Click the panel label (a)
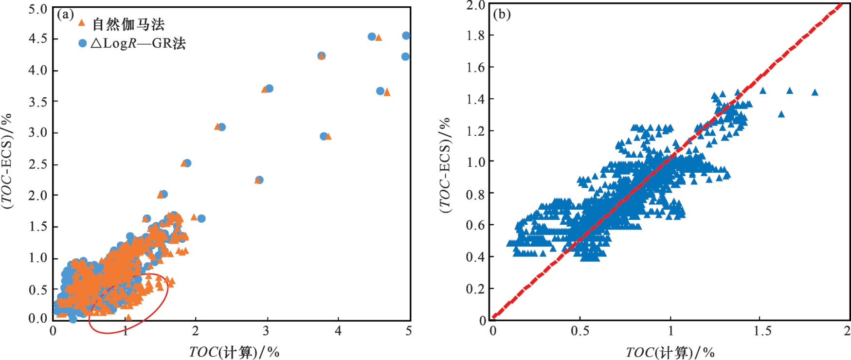pyautogui.click(x=65, y=15)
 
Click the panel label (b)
pyautogui.click(x=502, y=14)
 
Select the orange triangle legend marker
pyautogui.click(x=82, y=23)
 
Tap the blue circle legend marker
pyautogui.click(x=82, y=43)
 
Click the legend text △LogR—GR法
pyautogui.click(x=138, y=44)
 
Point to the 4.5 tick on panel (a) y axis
pyautogui.click(x=37, y=38)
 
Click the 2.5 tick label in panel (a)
pyautogui.click(x=37, y=164)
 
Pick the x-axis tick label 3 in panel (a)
pyautogui.click(x=266, y=331)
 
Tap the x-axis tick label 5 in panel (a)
pyautogui.click(x=408, y=331)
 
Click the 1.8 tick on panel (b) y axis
pyautogui.click(x=475, y=36)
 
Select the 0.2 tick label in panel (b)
pyautogui.click(x=475, y=289)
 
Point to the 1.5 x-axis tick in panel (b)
pyautogui.click(x=762, y=331)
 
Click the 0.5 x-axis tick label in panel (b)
pyautogui.click(x=579, y=331)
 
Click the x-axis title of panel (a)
pyautogui.click(x=234, y=352)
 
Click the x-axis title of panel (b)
pyautogui.click(x=670, y=352)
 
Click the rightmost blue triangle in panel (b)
pyautogui.click(x=815, y=92)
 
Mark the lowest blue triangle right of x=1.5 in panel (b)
pyautogui.click(x=781, y=114)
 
